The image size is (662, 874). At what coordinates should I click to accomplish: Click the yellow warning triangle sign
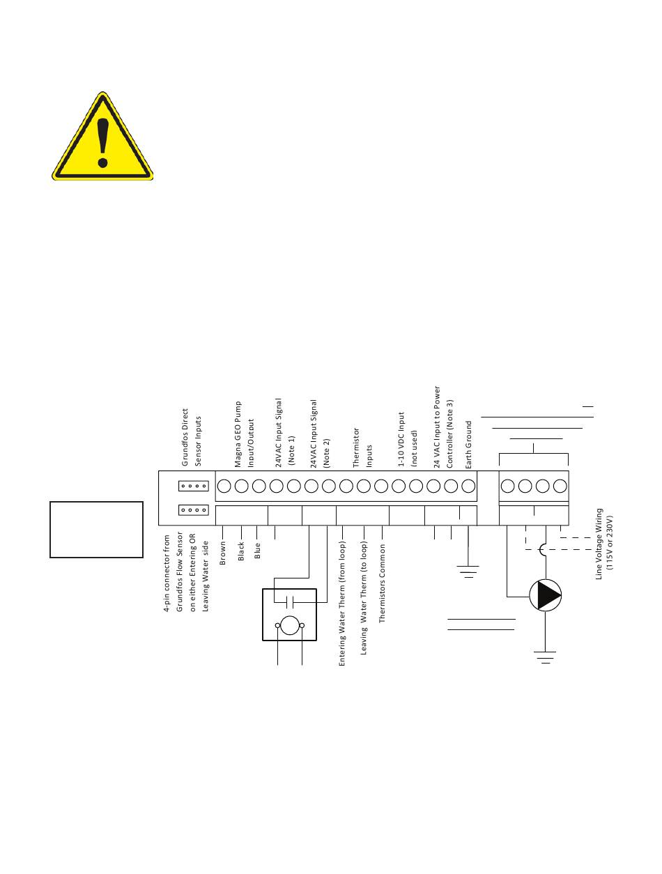(102, 139)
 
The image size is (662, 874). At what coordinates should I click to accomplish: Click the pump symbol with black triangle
(545, 596)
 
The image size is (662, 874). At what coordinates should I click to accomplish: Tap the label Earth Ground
(469, 444)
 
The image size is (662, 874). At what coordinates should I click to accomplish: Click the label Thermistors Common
(382, 583)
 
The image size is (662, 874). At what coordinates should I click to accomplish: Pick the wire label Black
(241, 551)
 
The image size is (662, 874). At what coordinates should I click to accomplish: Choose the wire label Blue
(258, 551)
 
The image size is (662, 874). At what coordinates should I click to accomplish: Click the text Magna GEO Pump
(238, 434)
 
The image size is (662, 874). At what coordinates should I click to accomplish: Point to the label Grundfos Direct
(185, 437)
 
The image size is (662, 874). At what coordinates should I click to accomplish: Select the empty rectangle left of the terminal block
(96, 529)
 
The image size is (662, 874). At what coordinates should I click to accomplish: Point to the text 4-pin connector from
(167, 573)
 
